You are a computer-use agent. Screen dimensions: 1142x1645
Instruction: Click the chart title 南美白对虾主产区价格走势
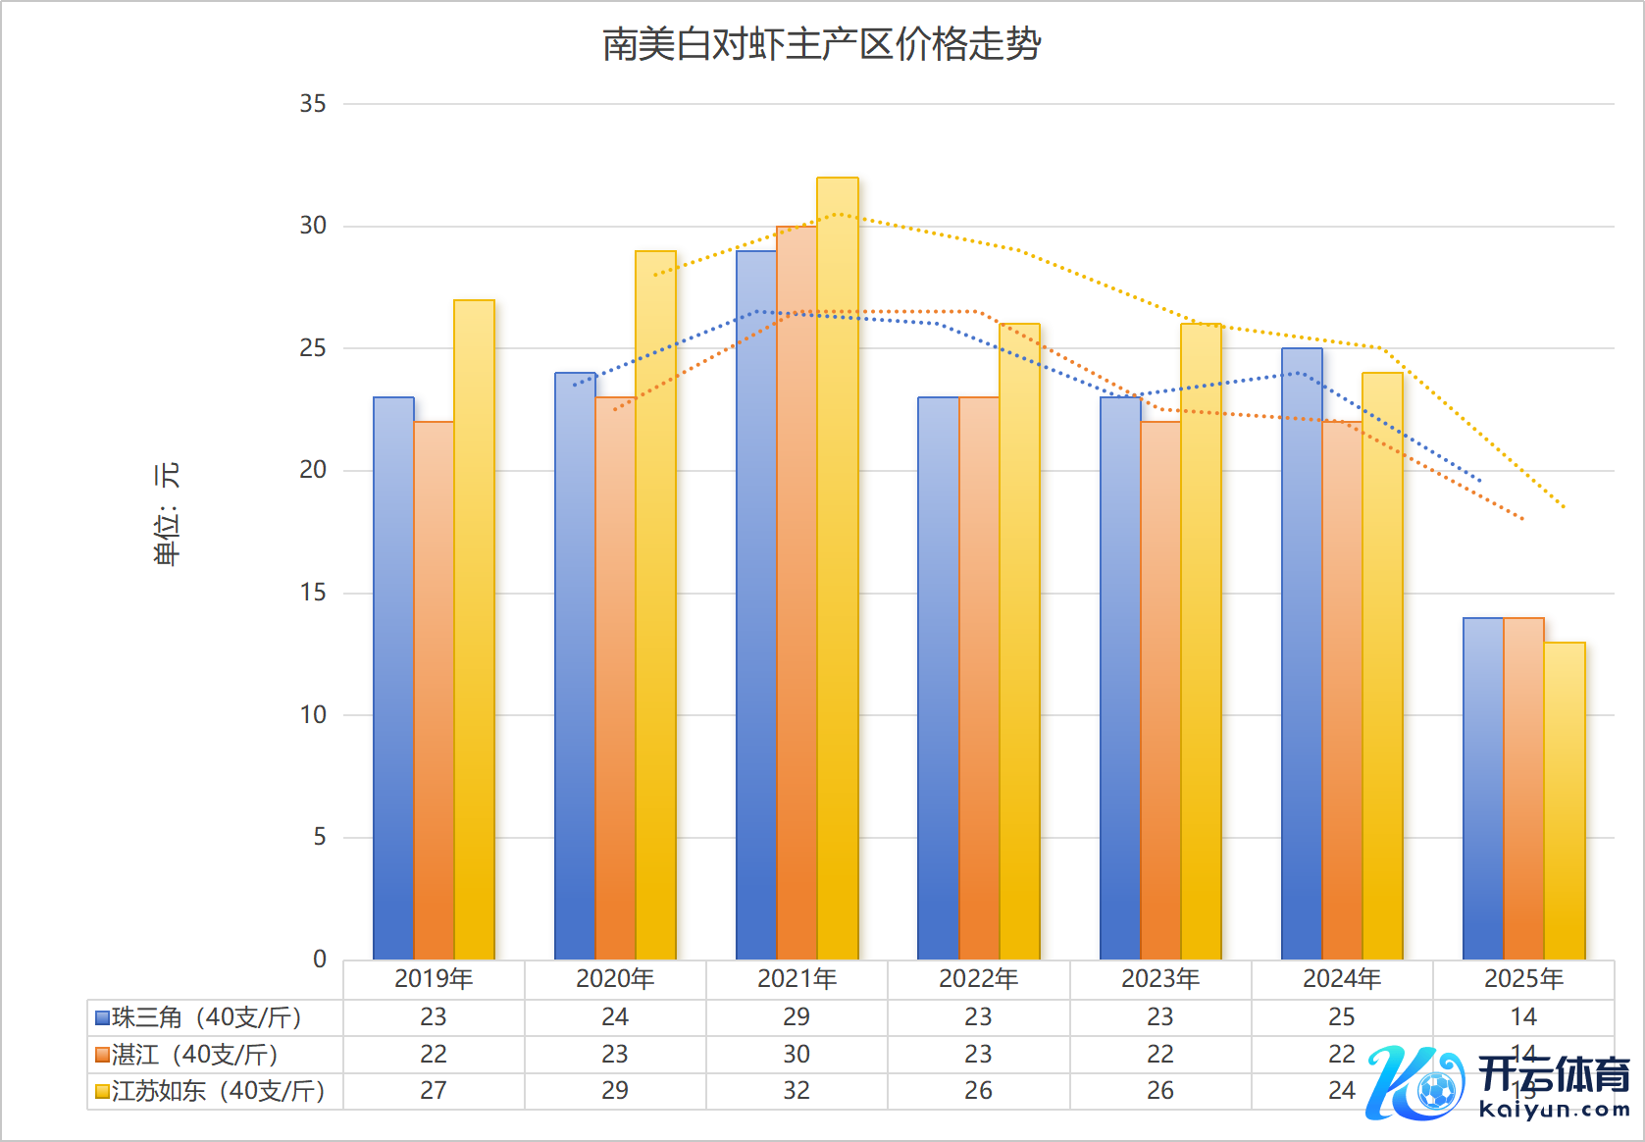821,45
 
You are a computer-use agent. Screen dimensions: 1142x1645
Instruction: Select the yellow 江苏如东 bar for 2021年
837,569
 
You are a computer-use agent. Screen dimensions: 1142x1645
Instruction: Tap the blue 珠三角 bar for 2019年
393,677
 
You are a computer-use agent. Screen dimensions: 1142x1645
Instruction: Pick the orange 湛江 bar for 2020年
615,677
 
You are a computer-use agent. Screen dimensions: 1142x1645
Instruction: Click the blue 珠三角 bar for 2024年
1302,652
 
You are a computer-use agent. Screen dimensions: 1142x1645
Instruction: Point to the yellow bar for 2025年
1565,800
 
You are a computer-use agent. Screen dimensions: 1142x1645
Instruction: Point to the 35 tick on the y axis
313,104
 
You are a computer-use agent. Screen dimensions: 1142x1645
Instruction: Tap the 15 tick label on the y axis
313,593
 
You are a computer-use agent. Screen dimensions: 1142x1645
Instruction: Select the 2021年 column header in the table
797,979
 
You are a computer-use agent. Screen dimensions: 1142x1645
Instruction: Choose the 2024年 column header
1342,979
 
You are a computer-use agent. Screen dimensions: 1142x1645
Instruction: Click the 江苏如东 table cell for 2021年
797,1091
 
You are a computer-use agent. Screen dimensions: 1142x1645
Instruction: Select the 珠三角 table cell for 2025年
1523,1017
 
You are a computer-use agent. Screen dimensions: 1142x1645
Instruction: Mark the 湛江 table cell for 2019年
434,1055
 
